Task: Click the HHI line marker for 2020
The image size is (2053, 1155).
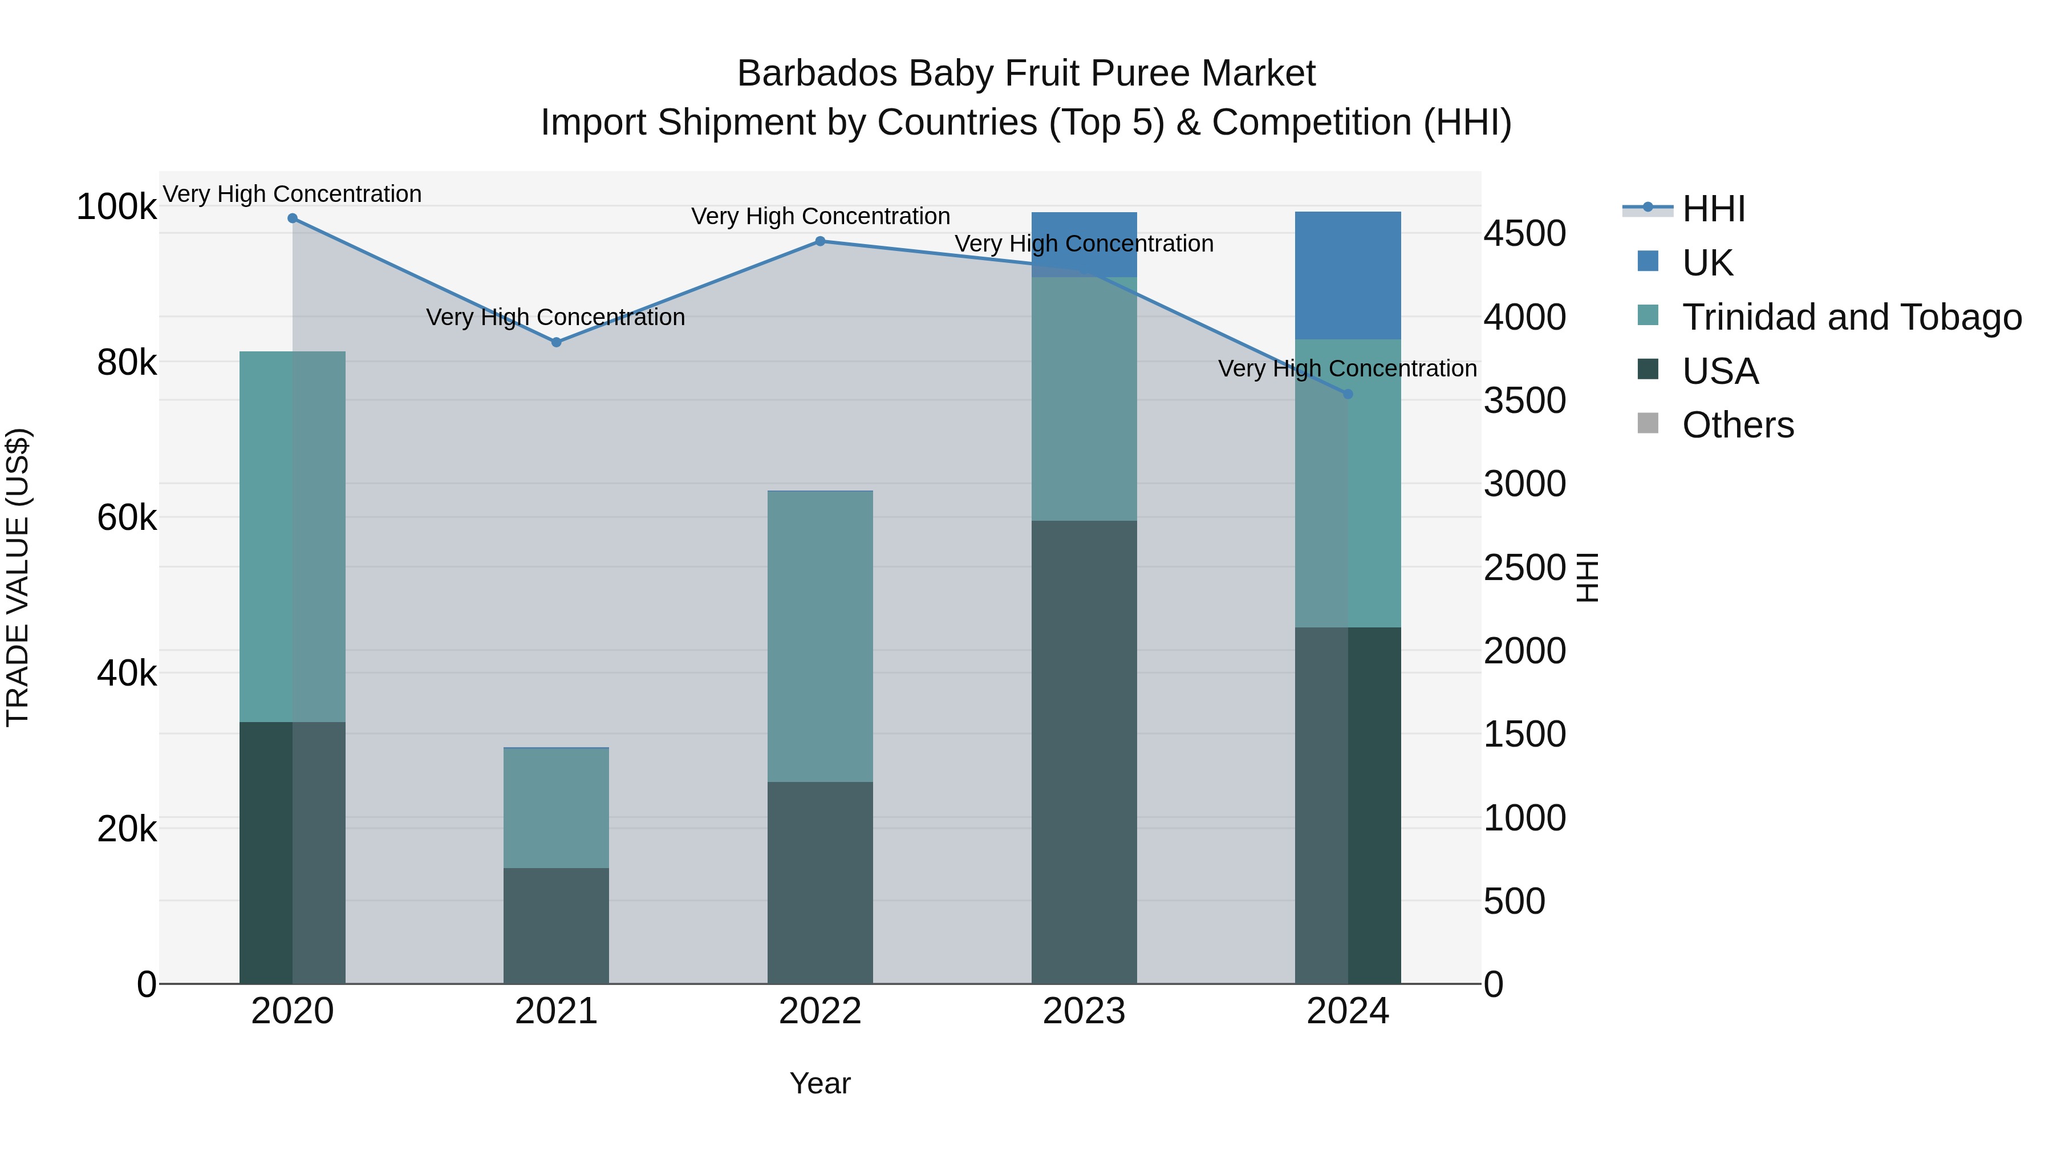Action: (x=293, y=218)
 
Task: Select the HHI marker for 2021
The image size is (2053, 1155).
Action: (x=556, y=342)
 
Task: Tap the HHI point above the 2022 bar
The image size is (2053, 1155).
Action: (x=820, y=241)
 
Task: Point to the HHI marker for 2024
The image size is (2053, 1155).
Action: (x=1348, y=394)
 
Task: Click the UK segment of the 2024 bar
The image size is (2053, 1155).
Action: (x=1348, y=275)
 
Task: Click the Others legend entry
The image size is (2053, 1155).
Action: (x=1738, y=425)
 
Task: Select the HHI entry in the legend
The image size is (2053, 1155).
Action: (x=1714, y=209)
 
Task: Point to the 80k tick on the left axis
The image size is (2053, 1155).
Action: (x=126, y=363)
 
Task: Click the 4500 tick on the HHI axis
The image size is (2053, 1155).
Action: (x=1524, y=234)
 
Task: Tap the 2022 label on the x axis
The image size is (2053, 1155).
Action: (x=820, y=1011)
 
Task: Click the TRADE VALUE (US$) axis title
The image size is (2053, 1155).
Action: (x=18, y=577)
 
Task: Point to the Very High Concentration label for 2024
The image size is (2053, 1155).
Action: (x=1347, y=369)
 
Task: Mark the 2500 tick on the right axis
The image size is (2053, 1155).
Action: (x=1524, y=568)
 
